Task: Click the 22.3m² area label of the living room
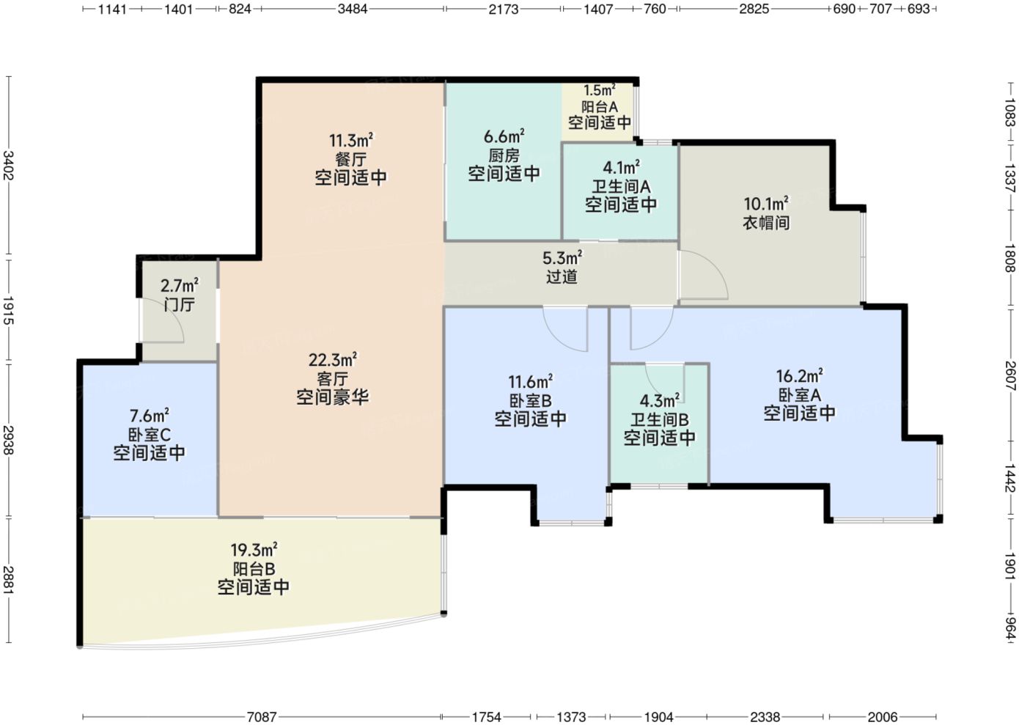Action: (x=333, y=360)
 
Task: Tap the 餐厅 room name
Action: (x=350, y=160)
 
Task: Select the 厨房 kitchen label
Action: (x=504, y=155)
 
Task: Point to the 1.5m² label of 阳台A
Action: (x=600, y=90)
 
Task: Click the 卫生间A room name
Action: (x=621, y=186)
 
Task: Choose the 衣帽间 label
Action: (x=766, y=222)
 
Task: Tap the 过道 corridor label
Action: (x=562, y=276)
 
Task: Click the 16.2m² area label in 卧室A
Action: (x=799, y=375)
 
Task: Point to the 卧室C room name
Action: (x=150, y=435)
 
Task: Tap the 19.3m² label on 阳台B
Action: (x=254, y=550)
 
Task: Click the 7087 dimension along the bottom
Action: (x=262, y=717)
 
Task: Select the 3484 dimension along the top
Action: (x=353, y=9)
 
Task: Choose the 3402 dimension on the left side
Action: (x=9, y=165)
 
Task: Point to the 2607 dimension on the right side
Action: (x=1010, y=375)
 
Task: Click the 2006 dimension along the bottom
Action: (x=882, y=717)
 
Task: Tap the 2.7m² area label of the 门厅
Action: (x=179, y=286)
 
